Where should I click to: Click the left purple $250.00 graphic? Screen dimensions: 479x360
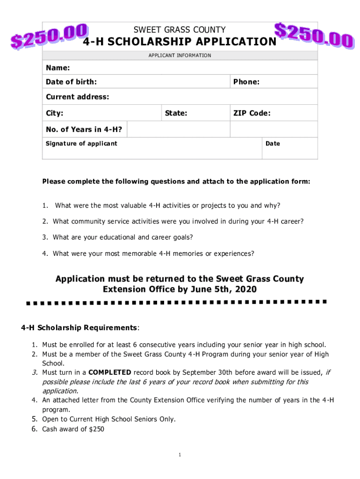tap(49, 36)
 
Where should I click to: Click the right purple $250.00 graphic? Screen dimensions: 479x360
tap(313, 35)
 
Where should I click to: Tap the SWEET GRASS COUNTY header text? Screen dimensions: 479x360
tap(180, 29)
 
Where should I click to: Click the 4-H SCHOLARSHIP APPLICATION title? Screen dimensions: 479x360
tap(180, 42)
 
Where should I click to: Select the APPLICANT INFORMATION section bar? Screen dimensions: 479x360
tap(180, 55)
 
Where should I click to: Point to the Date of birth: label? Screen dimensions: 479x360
tap(72, 82)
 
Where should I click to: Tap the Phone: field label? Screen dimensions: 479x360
tap(246, 82)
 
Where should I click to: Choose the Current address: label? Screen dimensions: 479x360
tap(77, 97)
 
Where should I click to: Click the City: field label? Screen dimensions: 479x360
tap(55, 113)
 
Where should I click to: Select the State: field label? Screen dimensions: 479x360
tap(176, 113)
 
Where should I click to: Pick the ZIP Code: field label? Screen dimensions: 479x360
tap(252, 113)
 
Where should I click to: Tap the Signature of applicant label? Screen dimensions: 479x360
tap(81, 143)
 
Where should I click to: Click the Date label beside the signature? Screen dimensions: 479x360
tap(273, 144)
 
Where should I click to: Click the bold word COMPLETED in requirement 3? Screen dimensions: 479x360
tap(110, 372)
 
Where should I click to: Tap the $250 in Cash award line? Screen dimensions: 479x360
tap(97, 428)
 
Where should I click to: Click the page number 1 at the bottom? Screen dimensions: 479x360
tap(180, 455)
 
